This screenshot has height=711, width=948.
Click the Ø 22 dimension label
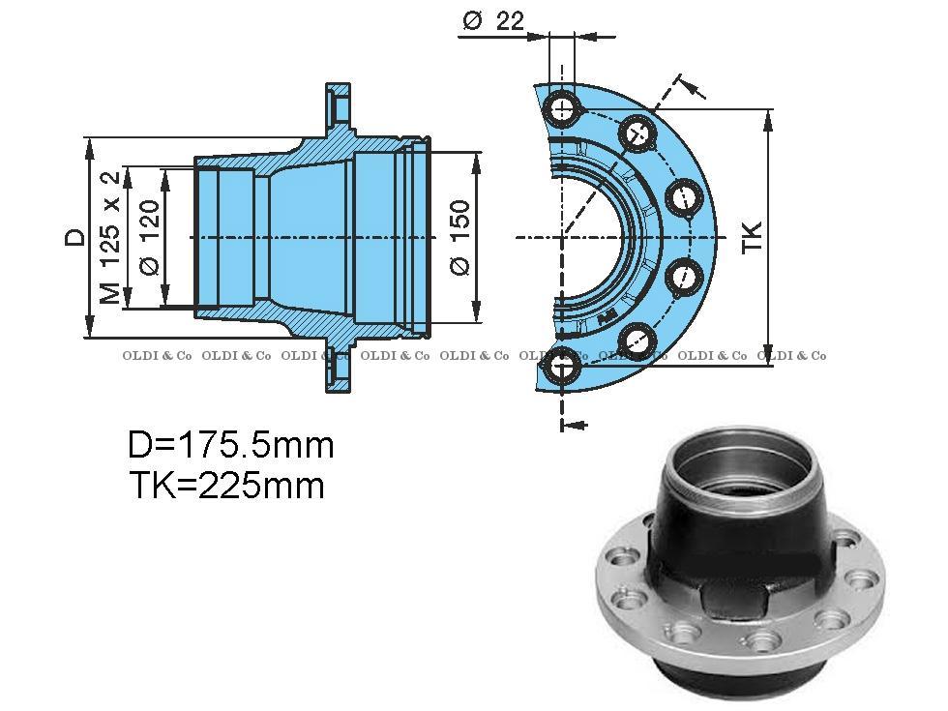[492, 21]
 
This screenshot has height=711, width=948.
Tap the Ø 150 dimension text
[460, 237]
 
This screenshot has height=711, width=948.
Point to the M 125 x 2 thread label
[111, 238]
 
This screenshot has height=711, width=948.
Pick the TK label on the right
[753, 237]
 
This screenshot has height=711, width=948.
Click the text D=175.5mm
[230, 445]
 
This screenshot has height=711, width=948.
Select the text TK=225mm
[226, 485]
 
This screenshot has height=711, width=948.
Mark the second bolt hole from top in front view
[637, 132]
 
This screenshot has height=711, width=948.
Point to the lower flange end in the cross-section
[338, 371]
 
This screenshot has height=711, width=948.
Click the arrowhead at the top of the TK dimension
[768, 118]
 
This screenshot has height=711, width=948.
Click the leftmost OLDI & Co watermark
[157, 356]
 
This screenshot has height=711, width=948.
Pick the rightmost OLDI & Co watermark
[791, 356]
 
